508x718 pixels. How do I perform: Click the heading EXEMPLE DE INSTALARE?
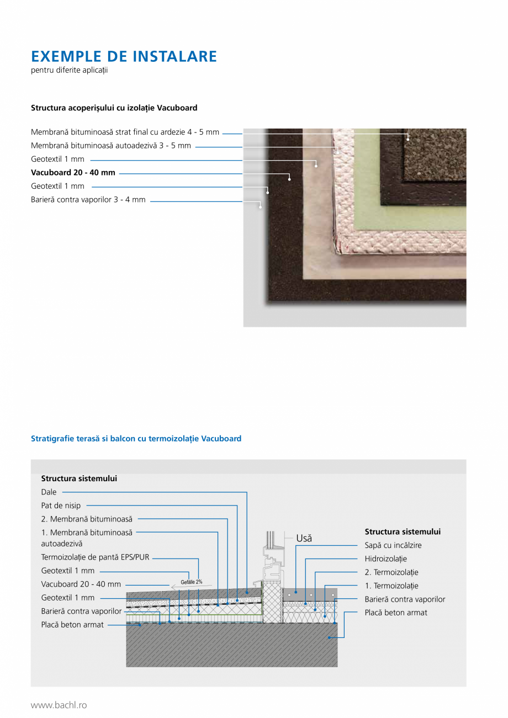(124, 56)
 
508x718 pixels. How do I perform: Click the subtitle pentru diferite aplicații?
(69, 70)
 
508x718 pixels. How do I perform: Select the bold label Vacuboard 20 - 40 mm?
(73, 173)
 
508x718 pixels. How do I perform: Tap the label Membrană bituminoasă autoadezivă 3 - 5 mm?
(111, 146)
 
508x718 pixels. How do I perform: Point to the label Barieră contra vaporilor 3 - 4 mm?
(88, 200)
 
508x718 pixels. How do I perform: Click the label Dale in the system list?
(49, 492)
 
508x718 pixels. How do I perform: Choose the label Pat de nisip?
(61, 506)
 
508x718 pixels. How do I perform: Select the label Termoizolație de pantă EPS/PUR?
(95, 557)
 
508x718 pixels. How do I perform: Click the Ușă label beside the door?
(304, 538)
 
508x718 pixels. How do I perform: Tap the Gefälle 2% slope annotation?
(191, 582)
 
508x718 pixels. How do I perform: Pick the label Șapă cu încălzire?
(393, 545)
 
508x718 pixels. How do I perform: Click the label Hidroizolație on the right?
(385, 559)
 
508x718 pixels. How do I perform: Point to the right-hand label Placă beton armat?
(396, 613)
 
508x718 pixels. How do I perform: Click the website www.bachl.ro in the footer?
(59, 705)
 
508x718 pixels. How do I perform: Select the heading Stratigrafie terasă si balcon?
(136, 439)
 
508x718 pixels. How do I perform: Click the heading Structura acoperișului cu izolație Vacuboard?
(114, 108)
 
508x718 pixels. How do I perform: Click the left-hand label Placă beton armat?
(72, 625)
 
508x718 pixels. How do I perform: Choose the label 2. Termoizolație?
(391, 572)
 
